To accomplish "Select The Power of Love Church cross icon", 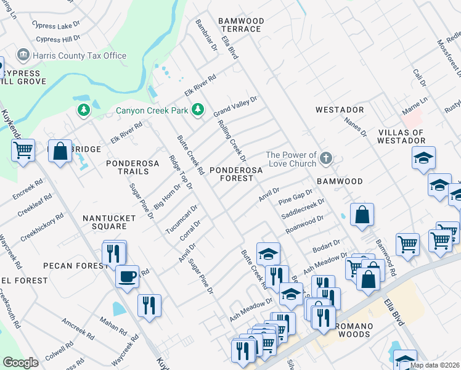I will (x=327, y=160).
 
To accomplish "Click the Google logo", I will (x=20, y=363).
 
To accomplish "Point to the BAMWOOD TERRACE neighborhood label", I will (x=241, y=25).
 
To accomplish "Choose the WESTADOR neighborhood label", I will (x=340, y=110).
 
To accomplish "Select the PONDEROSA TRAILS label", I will (x=133, y=167).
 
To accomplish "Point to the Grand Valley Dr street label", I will (x=235, y=107).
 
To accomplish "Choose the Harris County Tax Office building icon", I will (x=23, y=55).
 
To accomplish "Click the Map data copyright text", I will (x=434, y=365).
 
